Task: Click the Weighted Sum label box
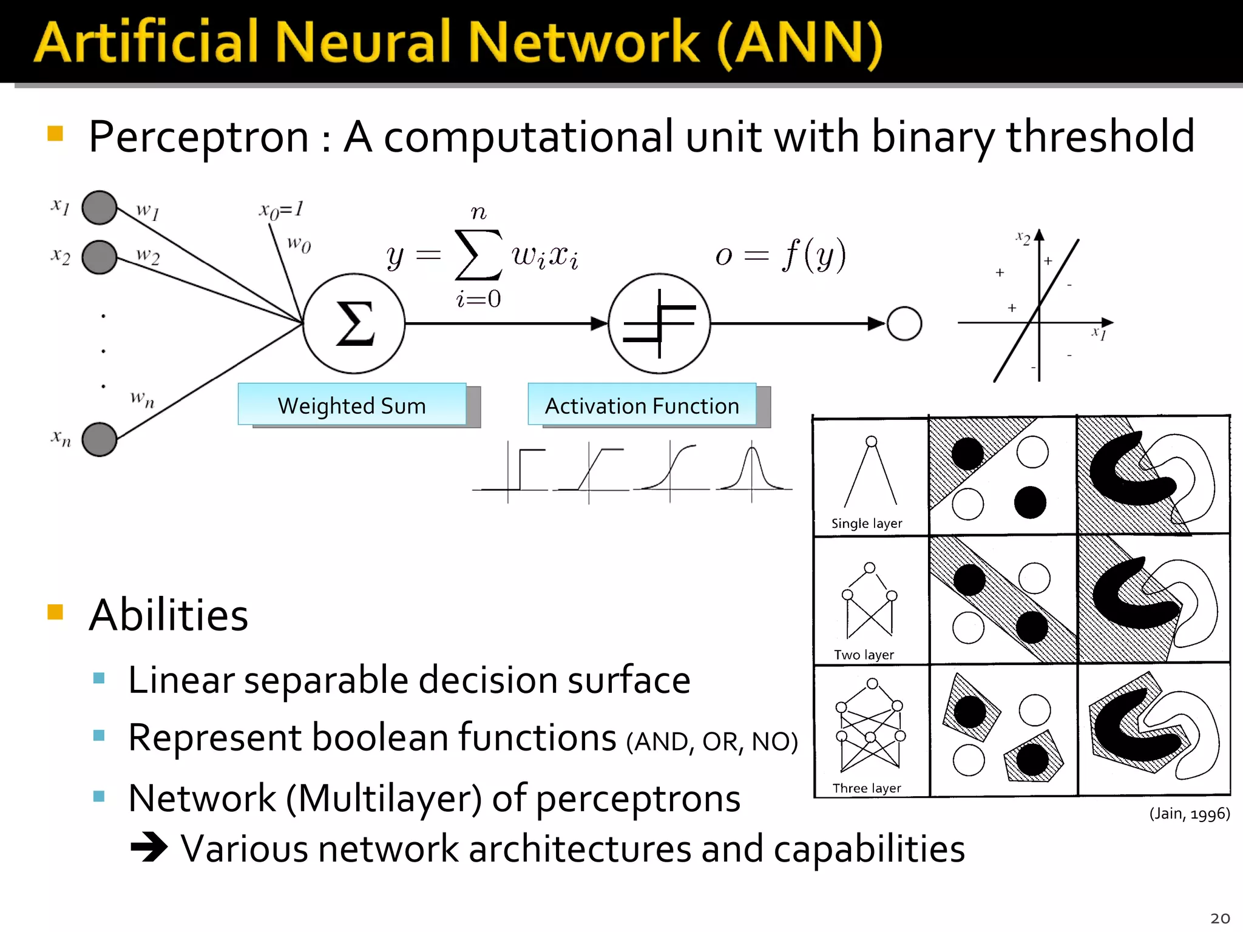352,405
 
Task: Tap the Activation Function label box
642,405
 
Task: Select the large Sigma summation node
354,323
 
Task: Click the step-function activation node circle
659,323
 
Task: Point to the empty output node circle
904,323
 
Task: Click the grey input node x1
99,208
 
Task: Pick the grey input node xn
99,439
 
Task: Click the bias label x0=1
281,210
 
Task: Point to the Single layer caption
867,523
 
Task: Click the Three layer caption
867,788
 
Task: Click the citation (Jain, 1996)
1189,813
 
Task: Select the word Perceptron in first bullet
199,137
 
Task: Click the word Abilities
169,615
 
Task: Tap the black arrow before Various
149,847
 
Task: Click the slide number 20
1219,918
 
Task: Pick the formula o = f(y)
781,255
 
